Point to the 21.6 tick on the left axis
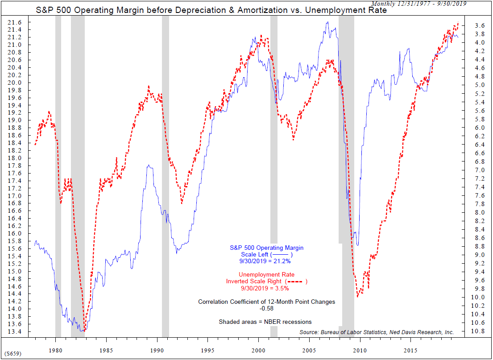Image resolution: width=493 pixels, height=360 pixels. pyautogui.click(x=19, y=22)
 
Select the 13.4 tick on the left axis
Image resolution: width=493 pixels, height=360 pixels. pyautogui.click(x=19, y=332)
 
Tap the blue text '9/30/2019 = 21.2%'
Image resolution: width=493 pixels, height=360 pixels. pyautogui.click(x=267, y=261)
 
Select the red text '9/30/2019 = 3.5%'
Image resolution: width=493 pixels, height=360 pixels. pyautogui.click(x=267, y=288)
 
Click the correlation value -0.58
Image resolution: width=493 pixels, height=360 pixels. pyautogui.click(x=267, y=308)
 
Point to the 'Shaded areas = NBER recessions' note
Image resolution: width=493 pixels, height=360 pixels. pyautogui.click(x=265, y=322)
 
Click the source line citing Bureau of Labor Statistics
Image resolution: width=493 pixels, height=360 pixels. pyautogui.click(x=377, y=332)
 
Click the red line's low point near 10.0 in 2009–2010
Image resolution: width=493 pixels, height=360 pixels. pyautogui.click(x=357, y=297)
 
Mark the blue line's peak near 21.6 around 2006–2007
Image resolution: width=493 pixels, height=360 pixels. pyautogui.click(x=327, y=22)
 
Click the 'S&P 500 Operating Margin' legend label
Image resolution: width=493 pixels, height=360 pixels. pyautogui.click(x=267, y=247)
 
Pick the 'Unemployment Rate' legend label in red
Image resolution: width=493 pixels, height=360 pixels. pyautogui.click(x=267, y=275)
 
